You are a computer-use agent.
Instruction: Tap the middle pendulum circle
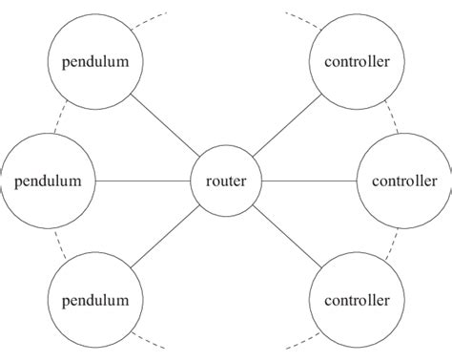pos(43,179)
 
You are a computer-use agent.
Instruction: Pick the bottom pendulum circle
pos(95,300)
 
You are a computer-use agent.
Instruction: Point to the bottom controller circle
pos(357,300)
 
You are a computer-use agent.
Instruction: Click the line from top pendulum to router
pos(164,124)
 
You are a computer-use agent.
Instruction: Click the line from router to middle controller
pos(308,180)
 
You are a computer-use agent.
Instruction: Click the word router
pos(226,179)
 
